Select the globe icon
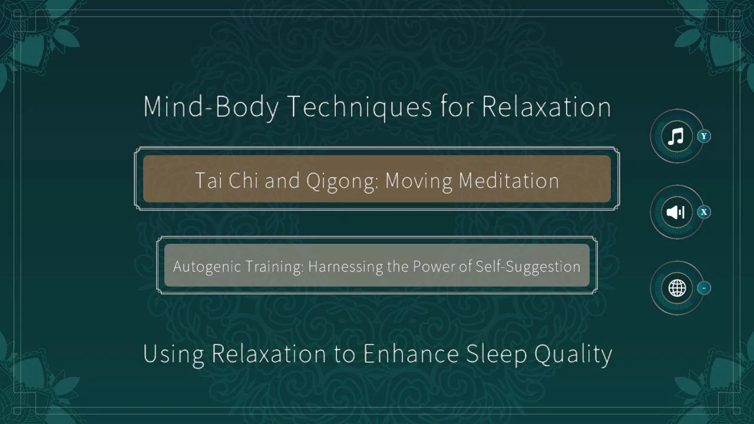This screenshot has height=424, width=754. pos(677,288)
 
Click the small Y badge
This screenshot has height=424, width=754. pos(704,136)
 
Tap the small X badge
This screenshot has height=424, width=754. pos(704,213)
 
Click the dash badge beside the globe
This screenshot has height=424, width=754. pos(704,288)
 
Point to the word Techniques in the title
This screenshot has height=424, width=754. pos(361,107)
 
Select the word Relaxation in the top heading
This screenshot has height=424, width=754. pos(546,107)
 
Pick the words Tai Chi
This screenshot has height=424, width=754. pos(227,181)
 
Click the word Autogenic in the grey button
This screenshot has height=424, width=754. pos(207,267)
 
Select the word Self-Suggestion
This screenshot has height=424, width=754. pos(528,267)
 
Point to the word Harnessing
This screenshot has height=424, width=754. pos(346,267)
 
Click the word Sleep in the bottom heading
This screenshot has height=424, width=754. pos(496,354)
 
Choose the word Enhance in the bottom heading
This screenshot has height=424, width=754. pos(411,354)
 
